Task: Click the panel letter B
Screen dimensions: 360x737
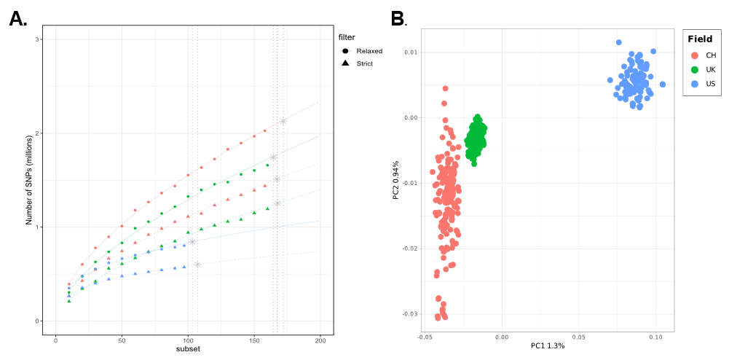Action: pyautogui.click(x=397, y=20)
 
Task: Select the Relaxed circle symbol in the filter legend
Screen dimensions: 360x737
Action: pyautogui.click(x=344, y=51)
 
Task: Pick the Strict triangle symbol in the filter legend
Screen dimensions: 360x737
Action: pyautogui.click(x=344, y=64)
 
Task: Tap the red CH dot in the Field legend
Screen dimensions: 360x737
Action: pyautogui.click(x=694, y=55)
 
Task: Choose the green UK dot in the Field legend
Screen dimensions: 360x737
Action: pyautogui.click(x=694, y=69)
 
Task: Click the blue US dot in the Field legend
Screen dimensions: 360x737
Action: pyautogui.click(x=694, y=84)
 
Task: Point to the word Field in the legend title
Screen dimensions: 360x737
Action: pyautogui.click(x=700, y=39)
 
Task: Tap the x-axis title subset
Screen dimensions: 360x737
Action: pyautogui.click(x=188, y=349)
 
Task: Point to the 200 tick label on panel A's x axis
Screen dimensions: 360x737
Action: pyautogui.click(x=320, y=340)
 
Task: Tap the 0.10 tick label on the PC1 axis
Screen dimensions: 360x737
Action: pyautogui.click(x=655, y=337)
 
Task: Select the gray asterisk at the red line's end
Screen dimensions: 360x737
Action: pyautogui.click(x=283, y=121)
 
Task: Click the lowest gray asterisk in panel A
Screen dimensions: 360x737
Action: pyautogui.click(x=197, y=264)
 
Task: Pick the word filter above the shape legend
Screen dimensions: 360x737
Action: pyautogui.click(x=347, y=36)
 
